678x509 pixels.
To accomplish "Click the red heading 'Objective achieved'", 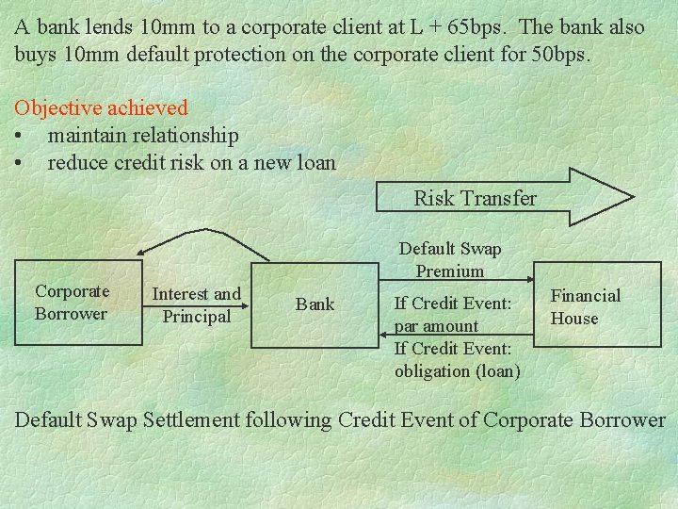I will pyautogui.click(x=102, y=108).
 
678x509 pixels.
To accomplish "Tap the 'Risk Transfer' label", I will pyautogui.click(x=475, y=198).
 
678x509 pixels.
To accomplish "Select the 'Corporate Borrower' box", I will pyautogui.click(x=73, y=303).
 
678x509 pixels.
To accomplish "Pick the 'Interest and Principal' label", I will pyautogui.click(x=197, y=305).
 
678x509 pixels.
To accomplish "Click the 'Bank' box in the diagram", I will pyautogui.click(x=315, y=304).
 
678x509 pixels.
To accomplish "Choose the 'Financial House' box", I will pyautogui.click(x=585, y=307).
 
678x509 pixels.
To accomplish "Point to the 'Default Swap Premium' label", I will pyautogui.click(x=450, y=260).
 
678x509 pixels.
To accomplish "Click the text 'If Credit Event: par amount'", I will pyautogui.click(x=452, y=315).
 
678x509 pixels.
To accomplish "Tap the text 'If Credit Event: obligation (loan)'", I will pyautogui.click(x=457, y=360).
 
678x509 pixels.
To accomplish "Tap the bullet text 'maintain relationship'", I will pyautogui.click(x=143, y=136).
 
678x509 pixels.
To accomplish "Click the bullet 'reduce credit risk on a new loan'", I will pyautogui.click(x=191, y=163).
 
